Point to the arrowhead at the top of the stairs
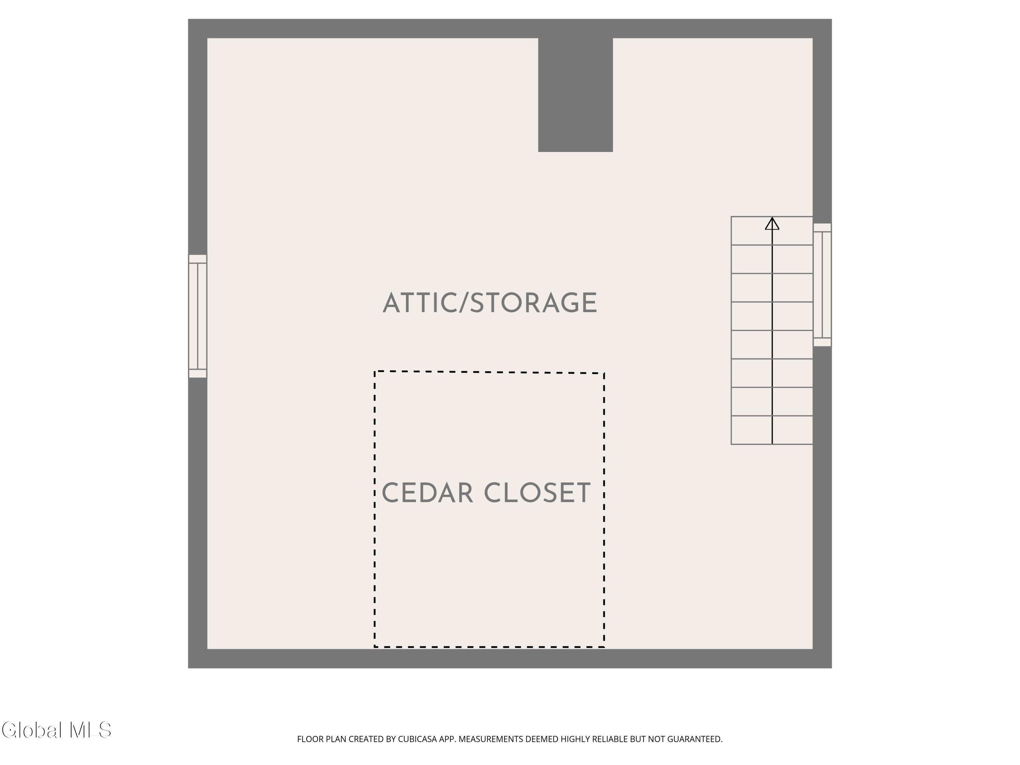772,224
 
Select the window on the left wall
198,316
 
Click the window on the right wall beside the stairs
822,285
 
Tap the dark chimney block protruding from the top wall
576,95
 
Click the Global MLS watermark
56,730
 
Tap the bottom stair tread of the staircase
772,430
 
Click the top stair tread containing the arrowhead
772,231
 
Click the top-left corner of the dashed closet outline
375,371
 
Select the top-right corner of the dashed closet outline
604,373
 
